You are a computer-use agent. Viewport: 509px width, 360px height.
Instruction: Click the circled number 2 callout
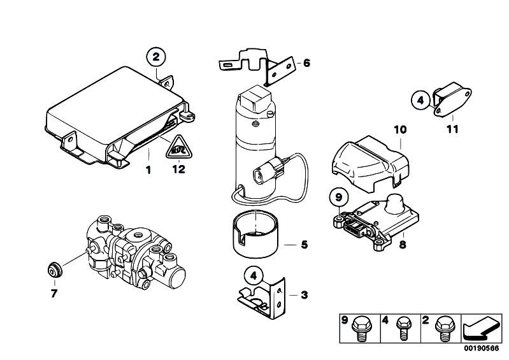pos(156,57)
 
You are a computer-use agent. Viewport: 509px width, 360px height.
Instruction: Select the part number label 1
pos(148,169)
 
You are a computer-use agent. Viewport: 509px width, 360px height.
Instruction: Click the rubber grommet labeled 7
pos(54,270)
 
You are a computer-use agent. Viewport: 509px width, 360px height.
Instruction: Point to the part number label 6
pos(306,62)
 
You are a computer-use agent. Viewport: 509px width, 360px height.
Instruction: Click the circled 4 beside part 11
pos(420,100)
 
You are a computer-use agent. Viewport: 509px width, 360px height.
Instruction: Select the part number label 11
pos(452,129)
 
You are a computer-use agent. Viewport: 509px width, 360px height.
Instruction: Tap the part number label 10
pos(400,129)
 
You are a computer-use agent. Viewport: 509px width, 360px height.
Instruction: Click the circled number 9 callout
pos(338,198)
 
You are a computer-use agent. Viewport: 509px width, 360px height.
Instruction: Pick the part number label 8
pos(403,244)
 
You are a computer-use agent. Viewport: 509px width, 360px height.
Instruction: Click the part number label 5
pos(304,245)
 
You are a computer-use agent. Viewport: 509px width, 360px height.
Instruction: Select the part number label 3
pos(304,295)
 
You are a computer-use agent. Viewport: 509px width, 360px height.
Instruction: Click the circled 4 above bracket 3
pos(254,277)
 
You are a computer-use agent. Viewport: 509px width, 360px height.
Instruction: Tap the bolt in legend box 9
pos(360,329)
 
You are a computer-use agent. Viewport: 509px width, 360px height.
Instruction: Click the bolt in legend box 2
pos(445,328)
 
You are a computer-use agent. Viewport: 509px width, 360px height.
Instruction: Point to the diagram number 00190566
pos(481,349)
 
